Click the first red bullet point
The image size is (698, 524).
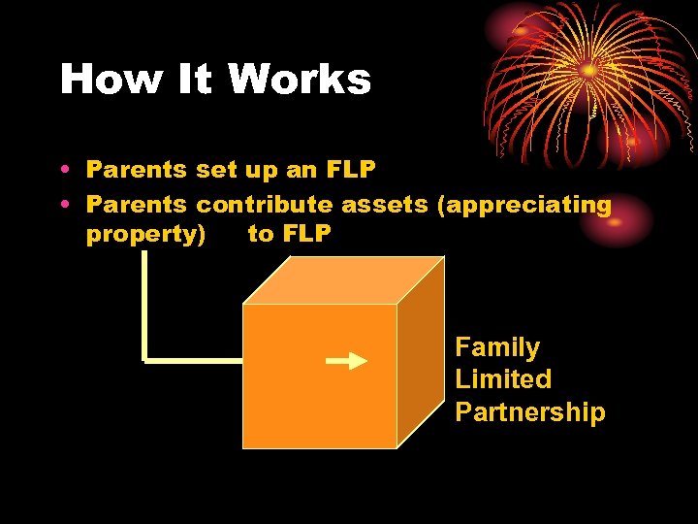[x=63, y=170]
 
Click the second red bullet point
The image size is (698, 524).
[x=63, y=205]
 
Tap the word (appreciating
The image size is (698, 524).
[x=524, y=205]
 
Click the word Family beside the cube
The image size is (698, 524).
[x=497, y=347]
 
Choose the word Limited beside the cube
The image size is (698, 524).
[x=503, y=379]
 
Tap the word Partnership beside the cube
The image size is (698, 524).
[x=529, y=412]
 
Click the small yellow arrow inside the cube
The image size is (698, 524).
[x=346, y=361]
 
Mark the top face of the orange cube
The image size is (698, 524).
[x=345, y=280]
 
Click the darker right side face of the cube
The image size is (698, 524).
[x=421, y=355]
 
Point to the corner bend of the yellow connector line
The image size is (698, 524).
[x=144, y=359]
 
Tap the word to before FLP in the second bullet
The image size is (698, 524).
[x=261, y=234]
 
